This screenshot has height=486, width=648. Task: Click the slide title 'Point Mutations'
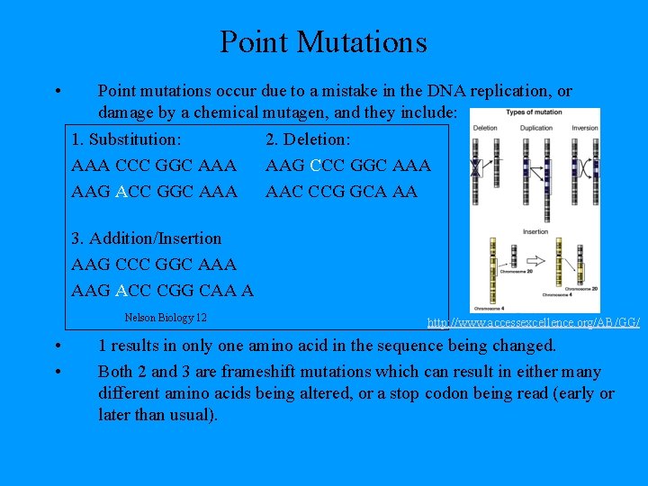(x=323, y=41)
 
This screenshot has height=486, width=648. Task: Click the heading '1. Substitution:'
(x=126, y=139)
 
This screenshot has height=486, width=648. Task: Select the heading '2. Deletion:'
(x=308, y=139)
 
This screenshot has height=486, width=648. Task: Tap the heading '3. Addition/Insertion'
(x=146, y=238)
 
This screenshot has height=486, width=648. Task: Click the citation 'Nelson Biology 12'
(x=166, y=317)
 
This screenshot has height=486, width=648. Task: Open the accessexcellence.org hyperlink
(x=533, y=322)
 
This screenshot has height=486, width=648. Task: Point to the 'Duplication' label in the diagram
(x=536, y=128)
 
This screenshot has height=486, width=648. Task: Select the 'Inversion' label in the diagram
(x=584, y=128)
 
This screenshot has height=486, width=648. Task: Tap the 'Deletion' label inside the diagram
(x=485, y=128)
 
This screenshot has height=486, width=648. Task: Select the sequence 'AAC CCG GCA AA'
(x=341, y=192)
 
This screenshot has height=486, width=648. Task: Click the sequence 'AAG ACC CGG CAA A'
(x=162, y=291)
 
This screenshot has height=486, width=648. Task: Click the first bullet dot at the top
(x=57, y=91)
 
